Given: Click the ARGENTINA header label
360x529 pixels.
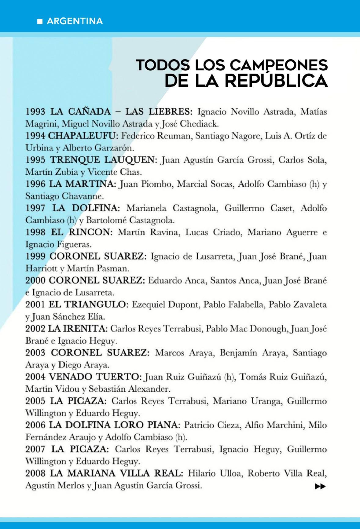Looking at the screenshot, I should click(75, 21).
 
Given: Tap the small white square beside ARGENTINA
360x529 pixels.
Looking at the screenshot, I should click(40, 21).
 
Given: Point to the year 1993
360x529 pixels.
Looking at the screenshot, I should click(35, 111).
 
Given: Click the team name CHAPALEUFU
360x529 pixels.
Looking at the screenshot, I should click(83, 136).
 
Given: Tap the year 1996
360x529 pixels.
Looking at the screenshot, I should click(35, 184).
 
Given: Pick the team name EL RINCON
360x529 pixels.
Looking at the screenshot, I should click(80, 232).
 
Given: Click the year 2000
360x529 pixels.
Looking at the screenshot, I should click(35, 280).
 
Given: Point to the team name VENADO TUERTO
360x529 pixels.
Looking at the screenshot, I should click(95, 377).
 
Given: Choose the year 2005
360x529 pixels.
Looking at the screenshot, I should click(35, 401).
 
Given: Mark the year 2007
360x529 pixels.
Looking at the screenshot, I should click(35, 449).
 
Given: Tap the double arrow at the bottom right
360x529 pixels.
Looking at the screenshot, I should click(320, 487).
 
